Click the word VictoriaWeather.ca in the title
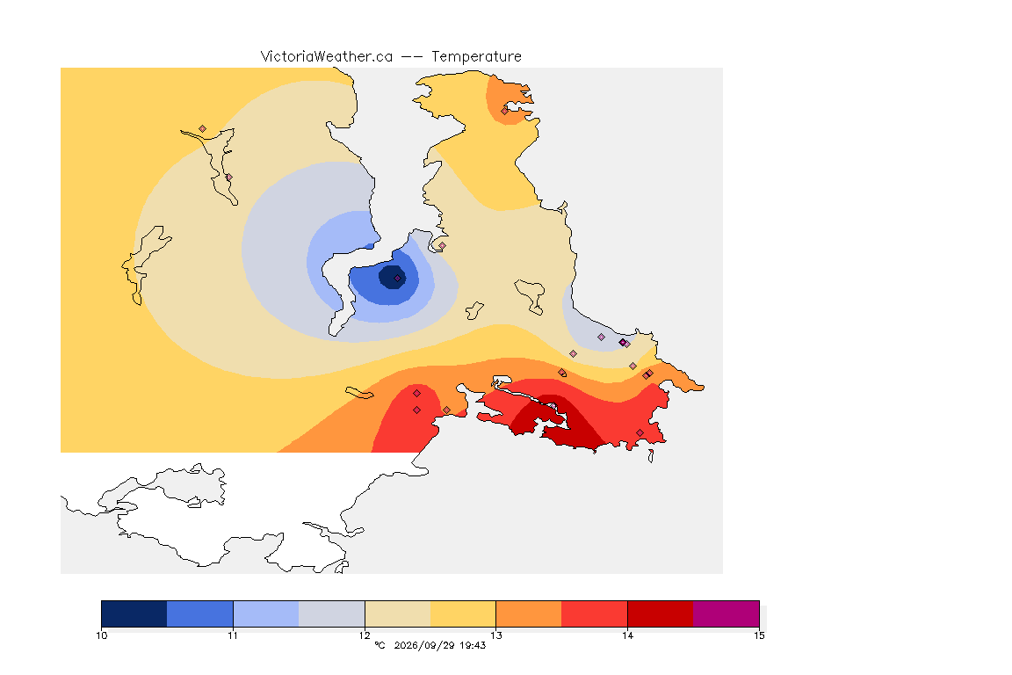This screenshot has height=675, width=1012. click(x=327, y=57)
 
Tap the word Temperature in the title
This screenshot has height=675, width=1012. click(x=476, y=57)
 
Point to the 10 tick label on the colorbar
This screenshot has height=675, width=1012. click(x=102, y=635)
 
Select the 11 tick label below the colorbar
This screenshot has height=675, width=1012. click(x=233, y=635)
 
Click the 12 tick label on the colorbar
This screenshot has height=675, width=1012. click(x=365, y=635)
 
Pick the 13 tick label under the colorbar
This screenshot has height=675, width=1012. click(x=495, y=635)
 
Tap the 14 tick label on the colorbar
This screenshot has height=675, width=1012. click(x=627, y=635)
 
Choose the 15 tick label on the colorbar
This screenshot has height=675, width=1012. click(x=759, y=635)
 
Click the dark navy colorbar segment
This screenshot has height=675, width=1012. click(x=134, y=613)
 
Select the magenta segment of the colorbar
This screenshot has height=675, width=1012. click(x=726, y=613)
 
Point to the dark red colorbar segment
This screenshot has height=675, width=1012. click(x=661, y=613)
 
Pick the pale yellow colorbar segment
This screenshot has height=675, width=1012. click(x=464, y=613)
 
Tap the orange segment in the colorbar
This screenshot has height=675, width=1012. click(x=529, y=613)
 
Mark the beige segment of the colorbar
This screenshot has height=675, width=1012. click(x=398, y=613)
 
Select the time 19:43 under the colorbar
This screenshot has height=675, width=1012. click(x=473, y=645)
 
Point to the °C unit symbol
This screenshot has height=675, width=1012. click(x=380, y=645)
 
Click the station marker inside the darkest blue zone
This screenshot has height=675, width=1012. click(x=398, y=279)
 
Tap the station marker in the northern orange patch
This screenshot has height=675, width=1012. click(x=505, y=111)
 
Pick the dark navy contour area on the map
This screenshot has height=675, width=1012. click(x=392, y=277)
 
